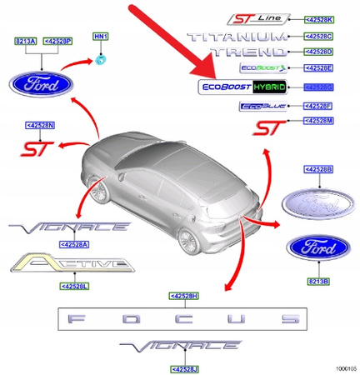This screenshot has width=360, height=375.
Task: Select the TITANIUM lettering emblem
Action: tap(241, 37)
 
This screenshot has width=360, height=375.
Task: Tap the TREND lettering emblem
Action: tap(251, 52)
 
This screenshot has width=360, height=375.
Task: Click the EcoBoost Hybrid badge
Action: tap(242, 87)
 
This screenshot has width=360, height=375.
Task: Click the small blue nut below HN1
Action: tap(101, 57)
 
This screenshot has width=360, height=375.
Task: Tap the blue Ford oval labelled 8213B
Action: tap(313, 249)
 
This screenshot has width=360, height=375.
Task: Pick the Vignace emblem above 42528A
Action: tap(67, 227)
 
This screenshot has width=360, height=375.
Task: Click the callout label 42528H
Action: tap(182, 296)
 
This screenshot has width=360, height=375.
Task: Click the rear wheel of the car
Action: tap(187, 242)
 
